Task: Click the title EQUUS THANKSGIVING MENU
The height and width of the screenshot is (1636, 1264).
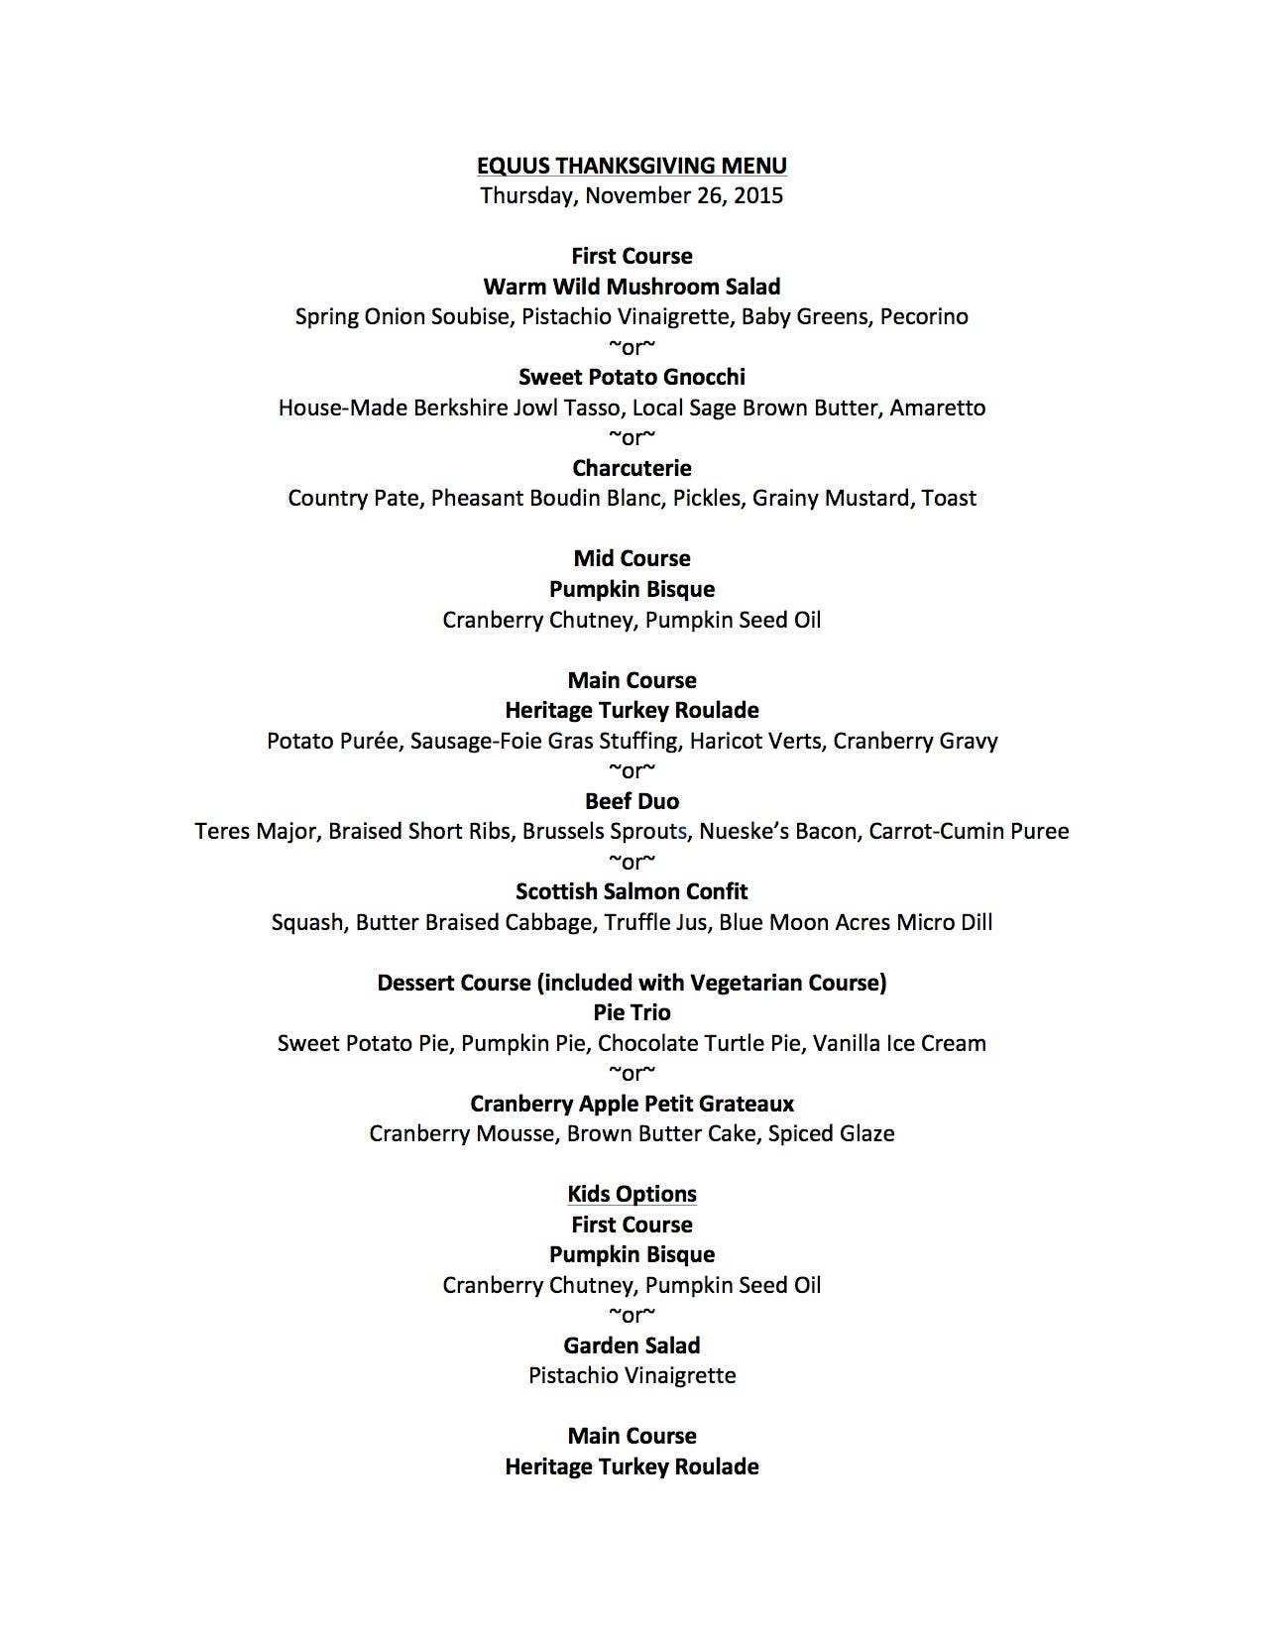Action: click(x=632, y=166)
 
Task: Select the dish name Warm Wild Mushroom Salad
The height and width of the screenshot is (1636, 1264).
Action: click(x=632, y=287)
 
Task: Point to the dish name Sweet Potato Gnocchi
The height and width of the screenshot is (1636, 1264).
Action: click(x=632, y=377)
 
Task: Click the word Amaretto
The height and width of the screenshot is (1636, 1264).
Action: click(x=937, y=408)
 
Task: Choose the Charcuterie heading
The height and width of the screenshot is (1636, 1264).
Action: click(x=632, y=468)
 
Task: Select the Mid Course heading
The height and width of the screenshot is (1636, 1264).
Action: click(x=632, y=558)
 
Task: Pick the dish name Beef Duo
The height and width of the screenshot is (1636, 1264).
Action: click(x=632, y=801)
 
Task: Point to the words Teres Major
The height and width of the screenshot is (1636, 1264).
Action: click(x=255, y=831)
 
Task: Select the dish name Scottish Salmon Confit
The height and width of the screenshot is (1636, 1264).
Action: click(x=632, y=891)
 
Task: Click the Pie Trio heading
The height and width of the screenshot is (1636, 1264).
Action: click(x=632, y=1012)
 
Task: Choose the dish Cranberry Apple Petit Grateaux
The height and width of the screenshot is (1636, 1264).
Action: click(x=632, y=1104)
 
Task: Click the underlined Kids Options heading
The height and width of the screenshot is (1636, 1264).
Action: click(x=632, y=1194)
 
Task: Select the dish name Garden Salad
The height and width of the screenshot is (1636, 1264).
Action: click(x=632, y=1345)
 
